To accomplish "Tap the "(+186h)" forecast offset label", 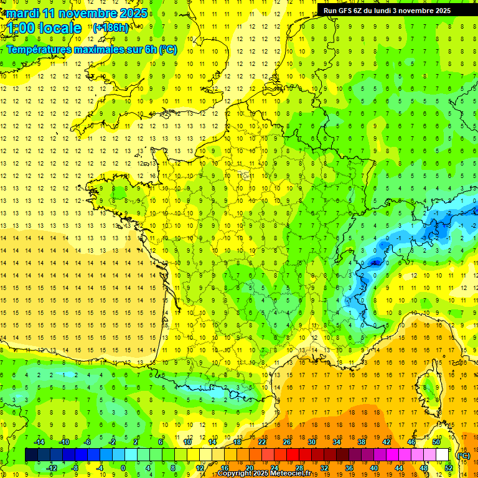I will click(x=111, y=27).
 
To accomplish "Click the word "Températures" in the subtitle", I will click(x=40, y=49).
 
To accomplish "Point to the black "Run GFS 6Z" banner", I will click(x=394, y=10).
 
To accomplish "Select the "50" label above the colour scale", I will click(x=436, y=442).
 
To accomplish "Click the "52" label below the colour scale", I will click(x=448, y=468).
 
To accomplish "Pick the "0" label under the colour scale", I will click(x=123, y=468).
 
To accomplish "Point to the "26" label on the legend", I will click(x=287, y=442).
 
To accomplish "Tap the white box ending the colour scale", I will click(x=442, y=455).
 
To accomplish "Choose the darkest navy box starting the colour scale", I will click(x=31, y=455).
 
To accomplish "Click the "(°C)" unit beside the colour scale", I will click(x=463, y=455).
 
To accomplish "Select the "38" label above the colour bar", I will click(x=361, y=442).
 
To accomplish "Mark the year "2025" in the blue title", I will click(x=133, y=13).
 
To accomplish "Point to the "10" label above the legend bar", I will click(x=187, y=442).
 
